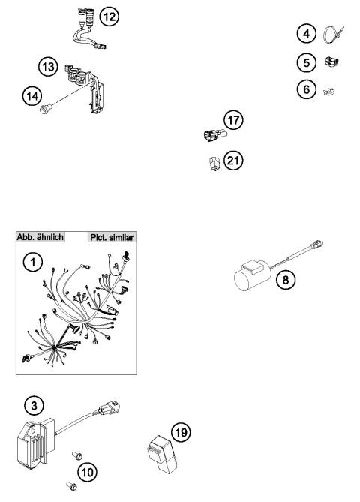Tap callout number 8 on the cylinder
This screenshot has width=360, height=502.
284,279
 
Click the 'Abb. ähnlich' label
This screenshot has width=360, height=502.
39,235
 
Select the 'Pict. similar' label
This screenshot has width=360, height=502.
111,235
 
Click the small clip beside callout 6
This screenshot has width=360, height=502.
328,92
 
